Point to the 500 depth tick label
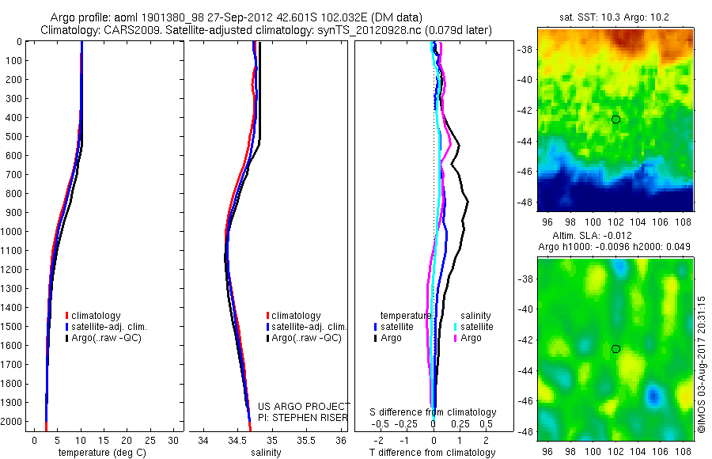point(11,136)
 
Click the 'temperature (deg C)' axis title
point(100,453)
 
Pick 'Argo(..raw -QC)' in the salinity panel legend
point(306,338)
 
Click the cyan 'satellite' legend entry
point(476,326)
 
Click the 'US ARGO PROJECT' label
point(304,405)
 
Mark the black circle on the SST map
point(616,119)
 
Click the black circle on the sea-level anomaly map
point(616,349)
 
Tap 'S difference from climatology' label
point(434,412)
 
